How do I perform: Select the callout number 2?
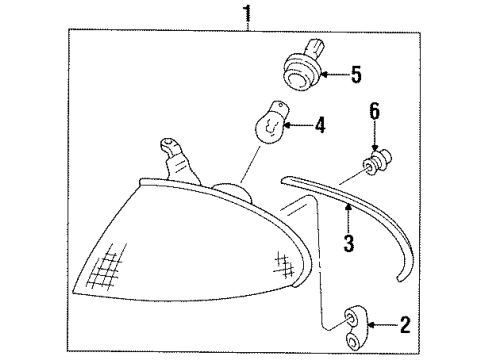[x=405, y=325]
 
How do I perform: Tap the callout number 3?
[x=349, y=243]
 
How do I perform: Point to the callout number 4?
[x=320, y=125]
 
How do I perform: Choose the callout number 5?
[x=356, y=75]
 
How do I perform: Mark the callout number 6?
[x=375, y=111]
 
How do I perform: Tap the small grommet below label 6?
[x=377, y=162]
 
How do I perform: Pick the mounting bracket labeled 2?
[x=355, y=327]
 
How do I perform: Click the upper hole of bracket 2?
[x=351, y=318]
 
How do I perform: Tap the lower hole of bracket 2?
[x=352, y=341]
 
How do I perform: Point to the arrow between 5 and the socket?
[x=335, y=75]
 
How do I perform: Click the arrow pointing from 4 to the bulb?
[x=299, y=125]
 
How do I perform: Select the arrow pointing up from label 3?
[x=348, y=218]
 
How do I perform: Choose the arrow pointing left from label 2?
[x=382, y=324]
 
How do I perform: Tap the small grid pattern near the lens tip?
[x=284, y=264]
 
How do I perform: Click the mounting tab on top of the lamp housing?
[x=176, y=161]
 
